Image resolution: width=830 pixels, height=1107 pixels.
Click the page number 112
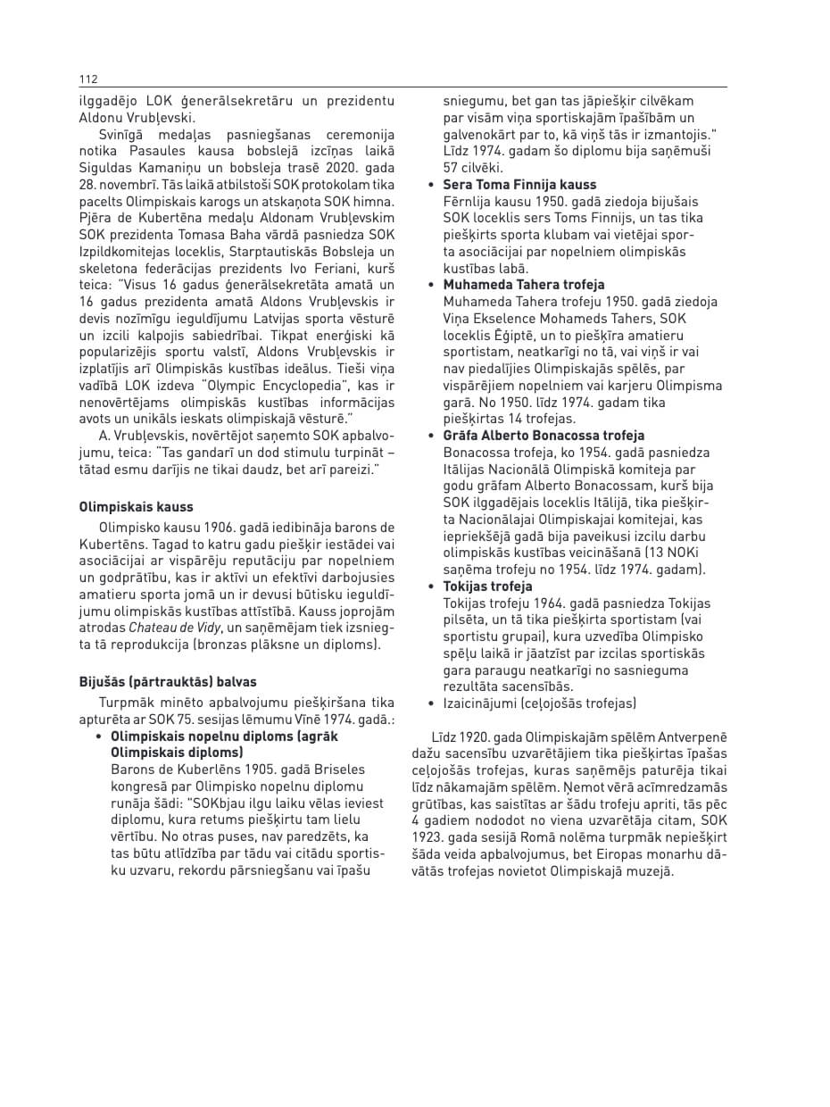pyautogui.click(x=87, y=79)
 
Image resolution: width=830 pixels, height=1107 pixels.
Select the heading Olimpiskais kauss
pyautogui.click(x=136, y=507)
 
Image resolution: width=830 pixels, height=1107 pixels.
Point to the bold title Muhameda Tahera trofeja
pyautogui.click(x=524, y=285)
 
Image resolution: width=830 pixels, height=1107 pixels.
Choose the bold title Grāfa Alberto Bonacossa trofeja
pyautogui.click(x=544, y=436)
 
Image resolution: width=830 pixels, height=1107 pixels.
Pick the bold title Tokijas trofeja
pyautogui.click(x=487, y=587)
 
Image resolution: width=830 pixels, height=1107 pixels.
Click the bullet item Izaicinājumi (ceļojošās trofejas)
pyautogui.click(x=540, y=703)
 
